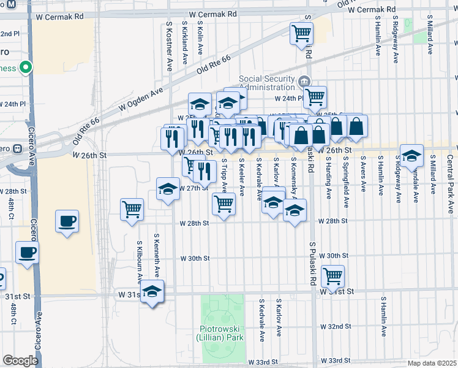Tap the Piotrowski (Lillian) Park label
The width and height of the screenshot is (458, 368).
pos(220,332)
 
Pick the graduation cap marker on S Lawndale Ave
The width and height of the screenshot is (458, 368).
pos(412,155)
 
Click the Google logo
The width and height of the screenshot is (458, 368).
pos(20,361)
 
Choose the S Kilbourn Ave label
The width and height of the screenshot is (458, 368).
pos(140,261)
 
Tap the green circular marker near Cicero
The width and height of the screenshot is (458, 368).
pos(25,67)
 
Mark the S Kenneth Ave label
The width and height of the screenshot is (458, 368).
pos(157,253)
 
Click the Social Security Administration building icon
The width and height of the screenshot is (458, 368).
pos(304,82)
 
